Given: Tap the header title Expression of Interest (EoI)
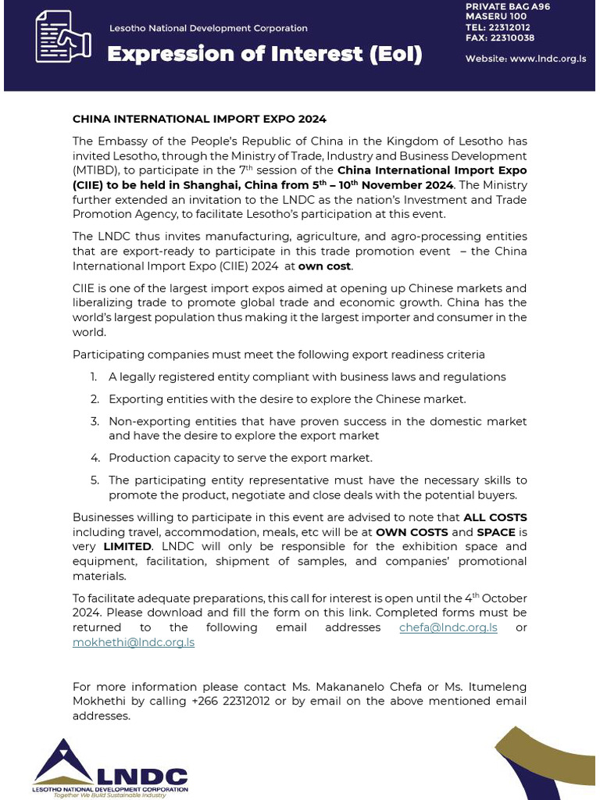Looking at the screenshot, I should click(264, 54).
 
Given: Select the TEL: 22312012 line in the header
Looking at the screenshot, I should click(498, 27).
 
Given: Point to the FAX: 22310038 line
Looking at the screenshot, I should click(499, 37).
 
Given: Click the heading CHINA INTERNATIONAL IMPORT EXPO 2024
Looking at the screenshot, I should click(199, 120).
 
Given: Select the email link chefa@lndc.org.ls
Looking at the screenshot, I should click(448, 627).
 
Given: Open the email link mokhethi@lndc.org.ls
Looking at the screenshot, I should click(134, 642).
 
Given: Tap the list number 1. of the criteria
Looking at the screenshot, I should click(94, 377).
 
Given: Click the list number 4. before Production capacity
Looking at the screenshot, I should click(95, 458).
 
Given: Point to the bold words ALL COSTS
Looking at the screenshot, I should click(495, 517).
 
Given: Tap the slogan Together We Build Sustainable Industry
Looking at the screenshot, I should click(109, 795).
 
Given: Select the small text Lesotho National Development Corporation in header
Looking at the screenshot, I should click(208, 28).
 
